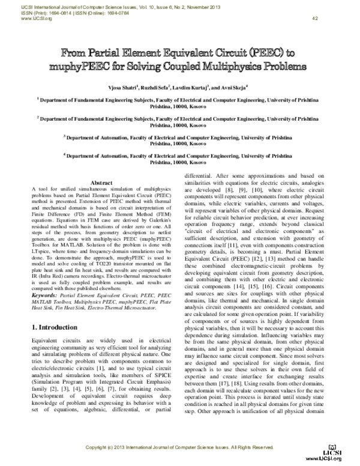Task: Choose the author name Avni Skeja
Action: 234,87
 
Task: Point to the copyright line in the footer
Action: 179,448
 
